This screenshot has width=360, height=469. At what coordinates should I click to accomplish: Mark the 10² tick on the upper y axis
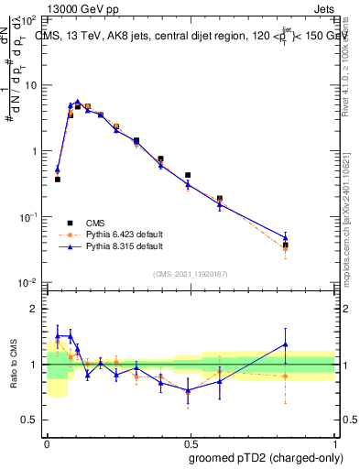[x=31, y=19]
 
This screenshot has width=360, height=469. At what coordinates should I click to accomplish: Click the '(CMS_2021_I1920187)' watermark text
[x=190, y=272]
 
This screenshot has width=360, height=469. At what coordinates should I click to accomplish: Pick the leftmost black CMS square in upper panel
[x=58, y=180]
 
